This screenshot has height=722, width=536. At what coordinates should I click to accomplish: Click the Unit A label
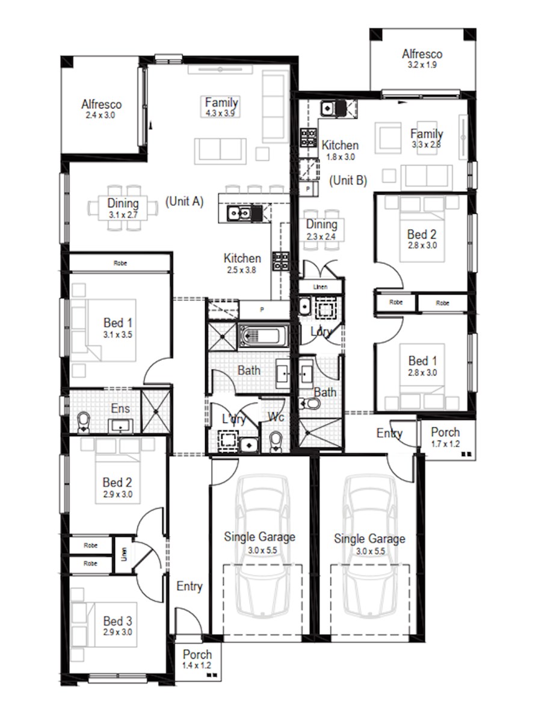pos(185,202)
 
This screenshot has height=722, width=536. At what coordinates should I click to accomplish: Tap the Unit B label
pos(348,180)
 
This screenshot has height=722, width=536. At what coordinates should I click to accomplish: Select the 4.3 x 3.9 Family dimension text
pos(221,113)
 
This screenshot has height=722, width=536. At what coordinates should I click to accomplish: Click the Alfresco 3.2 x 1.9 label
pos(422,58)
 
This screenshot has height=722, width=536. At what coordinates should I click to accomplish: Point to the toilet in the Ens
pos(84,422)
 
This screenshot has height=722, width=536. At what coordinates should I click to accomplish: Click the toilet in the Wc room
pos(276,442)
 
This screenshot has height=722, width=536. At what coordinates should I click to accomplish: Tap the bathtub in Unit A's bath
pos(263,335)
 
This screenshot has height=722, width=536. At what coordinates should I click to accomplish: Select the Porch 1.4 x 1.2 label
pos(197,659)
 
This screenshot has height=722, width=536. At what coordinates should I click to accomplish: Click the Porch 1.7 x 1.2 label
pos(445,437)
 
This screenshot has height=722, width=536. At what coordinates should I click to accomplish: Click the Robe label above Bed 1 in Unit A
pos(120,263)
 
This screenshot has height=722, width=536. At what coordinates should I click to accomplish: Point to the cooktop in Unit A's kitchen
pos(281,261)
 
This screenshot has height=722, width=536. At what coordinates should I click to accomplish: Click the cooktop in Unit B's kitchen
pos(309,138)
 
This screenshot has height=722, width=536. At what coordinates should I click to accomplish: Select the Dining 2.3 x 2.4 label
pos(321,230)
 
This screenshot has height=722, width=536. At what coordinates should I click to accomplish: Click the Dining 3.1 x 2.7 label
pos(123,208)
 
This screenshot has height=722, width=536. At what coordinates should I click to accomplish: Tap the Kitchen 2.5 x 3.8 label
pos(242,264)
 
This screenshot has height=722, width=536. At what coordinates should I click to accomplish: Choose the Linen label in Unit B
pos(320,287)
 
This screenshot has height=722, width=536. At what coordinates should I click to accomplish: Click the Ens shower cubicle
pos(156,412)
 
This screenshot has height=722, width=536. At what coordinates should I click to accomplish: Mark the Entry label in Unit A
pos(189,586)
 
